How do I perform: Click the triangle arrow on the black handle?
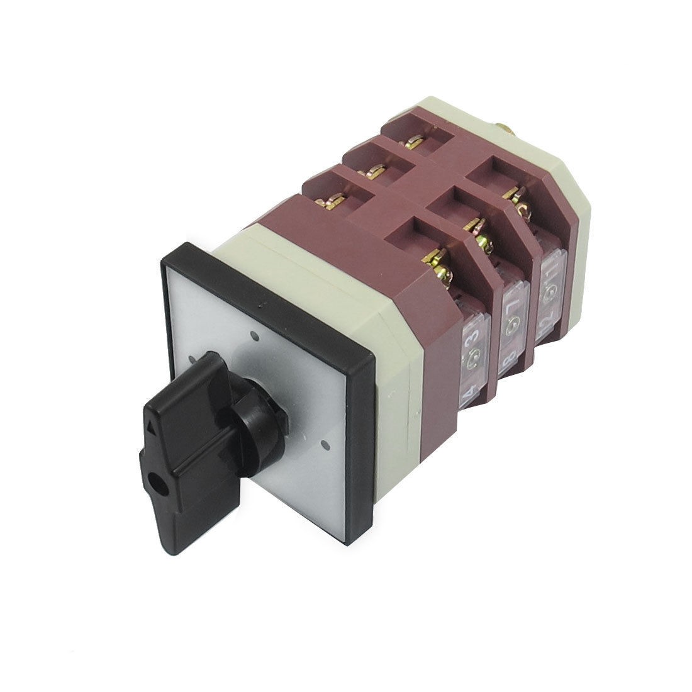(152, 428)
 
